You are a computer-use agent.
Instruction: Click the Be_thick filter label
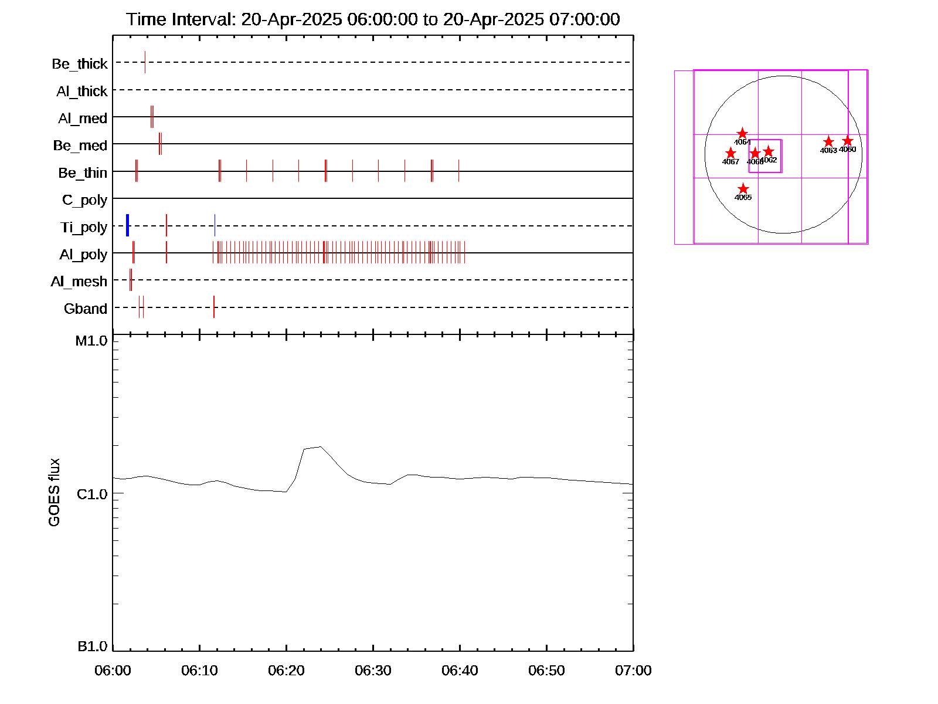(80, 64)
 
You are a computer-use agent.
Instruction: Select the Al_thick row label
(82, 92)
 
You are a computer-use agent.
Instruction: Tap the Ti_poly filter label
(84, 228)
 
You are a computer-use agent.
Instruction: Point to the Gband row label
(86, 309)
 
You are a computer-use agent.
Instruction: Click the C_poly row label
(84, 201)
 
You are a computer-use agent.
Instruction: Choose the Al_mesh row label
(79, 282)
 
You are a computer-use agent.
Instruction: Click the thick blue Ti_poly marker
(127, 226)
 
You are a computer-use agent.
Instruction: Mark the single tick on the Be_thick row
(145, 62)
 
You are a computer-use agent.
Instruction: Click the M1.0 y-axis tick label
(91, 341)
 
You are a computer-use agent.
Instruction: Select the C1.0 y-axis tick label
(92, 495)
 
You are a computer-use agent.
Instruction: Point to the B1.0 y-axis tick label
(93, 647)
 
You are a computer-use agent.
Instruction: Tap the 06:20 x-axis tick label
(286, 671)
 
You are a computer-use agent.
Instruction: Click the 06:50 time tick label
(546, 671)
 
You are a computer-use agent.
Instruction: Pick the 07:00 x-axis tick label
(633, 671)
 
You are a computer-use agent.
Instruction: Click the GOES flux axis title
(54, 493)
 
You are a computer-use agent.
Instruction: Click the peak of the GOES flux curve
(320, 447)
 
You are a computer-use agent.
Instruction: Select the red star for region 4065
(743, 189)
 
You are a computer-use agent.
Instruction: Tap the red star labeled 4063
(828, 142)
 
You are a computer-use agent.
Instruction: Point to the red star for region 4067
(730, 153)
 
